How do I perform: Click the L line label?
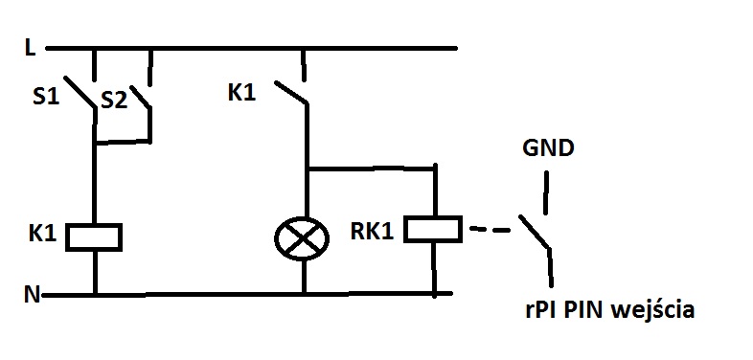[x=31, y=48]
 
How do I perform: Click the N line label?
[x=32, y=294]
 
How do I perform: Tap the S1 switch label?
[x=46, y=97]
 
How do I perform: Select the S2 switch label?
[x=114, y=101]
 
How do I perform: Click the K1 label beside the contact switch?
[x=241, y=92]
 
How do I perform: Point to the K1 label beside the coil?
[x=43, y=234]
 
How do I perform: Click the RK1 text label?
[x=372, y=232]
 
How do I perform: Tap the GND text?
[x=548, y=148]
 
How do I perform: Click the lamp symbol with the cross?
[x=302, y=238]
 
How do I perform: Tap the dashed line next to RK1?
[x=490, y=230]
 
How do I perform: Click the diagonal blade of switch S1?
[x=80, y=92]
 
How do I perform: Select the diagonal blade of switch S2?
[x=141, y=97]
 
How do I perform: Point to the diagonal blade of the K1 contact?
[x=291, y=93]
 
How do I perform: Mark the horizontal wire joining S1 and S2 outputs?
[x=123, y=142]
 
